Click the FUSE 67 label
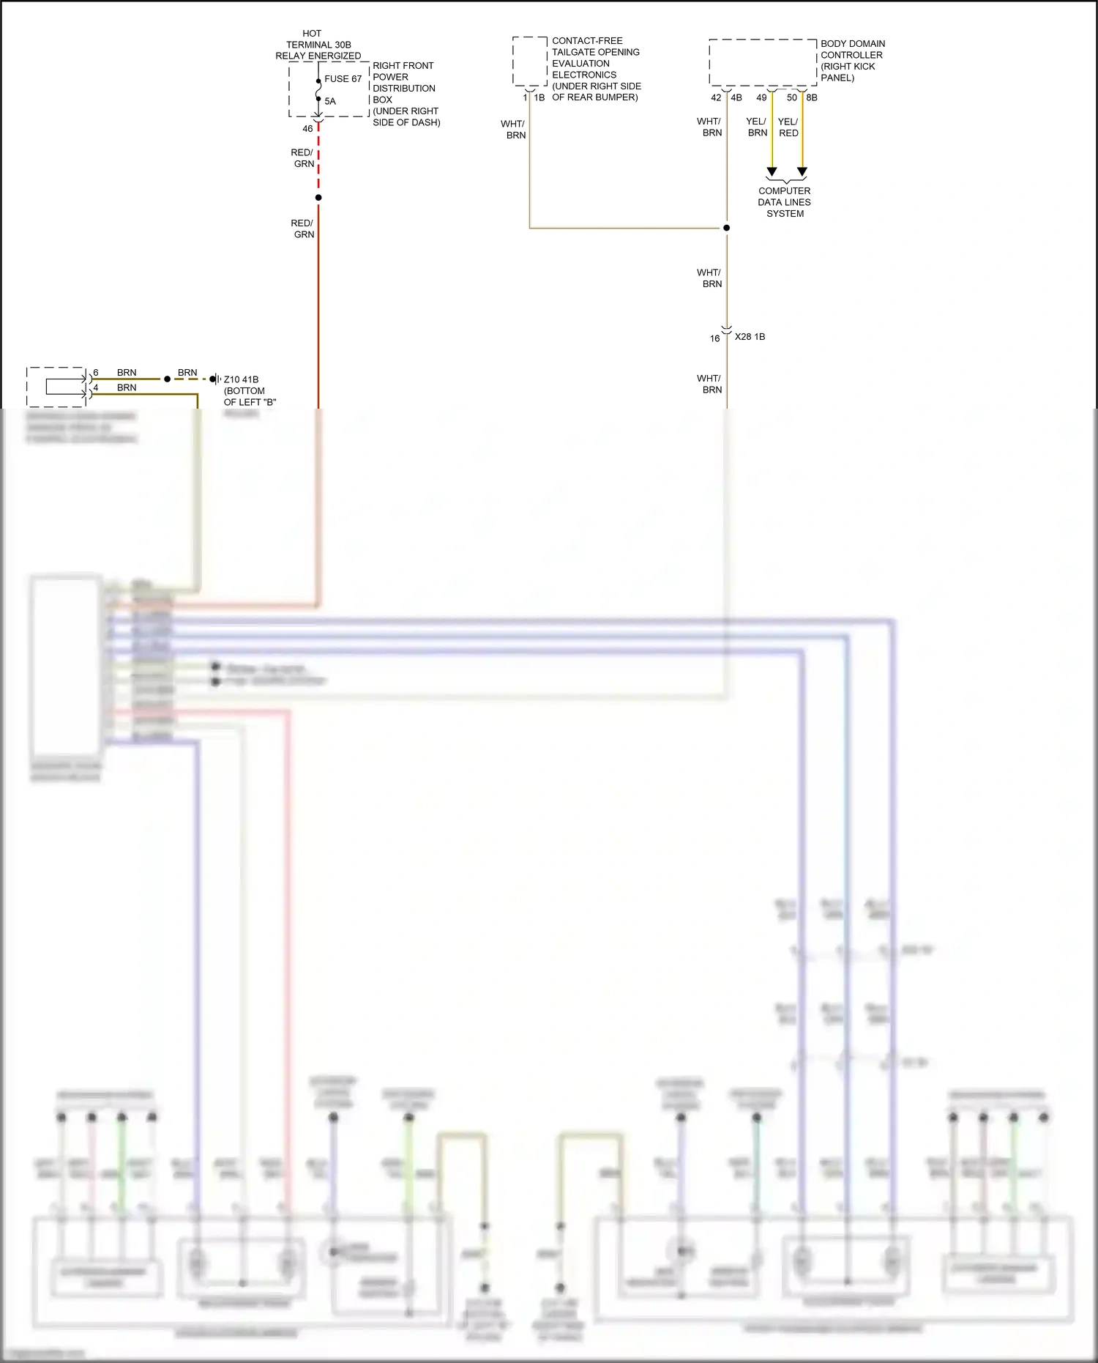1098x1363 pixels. [x=343, y=79]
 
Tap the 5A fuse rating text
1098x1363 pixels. [x=330, y=102]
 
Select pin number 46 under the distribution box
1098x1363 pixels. [x=307, y=129]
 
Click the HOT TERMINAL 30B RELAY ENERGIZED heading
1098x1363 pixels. [x=318, y=45]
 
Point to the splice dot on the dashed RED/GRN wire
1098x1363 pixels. [x=318, y=198]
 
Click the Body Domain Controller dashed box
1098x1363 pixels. [x=762, y=62]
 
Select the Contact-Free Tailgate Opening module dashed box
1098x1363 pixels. [x=529, y=62]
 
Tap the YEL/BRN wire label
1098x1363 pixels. [x=757, y=127]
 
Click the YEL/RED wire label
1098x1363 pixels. [x=788, y=127]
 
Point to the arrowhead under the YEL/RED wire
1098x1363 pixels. [x=802, y=172]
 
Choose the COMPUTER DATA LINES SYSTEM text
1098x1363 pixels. [x=785, y=202]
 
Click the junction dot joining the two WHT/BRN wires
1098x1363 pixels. [x=727, y=228]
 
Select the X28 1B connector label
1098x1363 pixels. [x=750, y=337]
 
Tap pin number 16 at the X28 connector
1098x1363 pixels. [x=714, y=338]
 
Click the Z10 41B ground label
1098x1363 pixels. [x=241, y=379]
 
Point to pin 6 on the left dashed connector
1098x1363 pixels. [x=96, y=373]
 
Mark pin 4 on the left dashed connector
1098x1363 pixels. [x=96, y=387]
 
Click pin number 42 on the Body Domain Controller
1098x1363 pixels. [x=716, y=97]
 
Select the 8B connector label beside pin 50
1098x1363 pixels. [x=812, y=97]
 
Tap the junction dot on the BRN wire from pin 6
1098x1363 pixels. [x=168, y=379]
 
